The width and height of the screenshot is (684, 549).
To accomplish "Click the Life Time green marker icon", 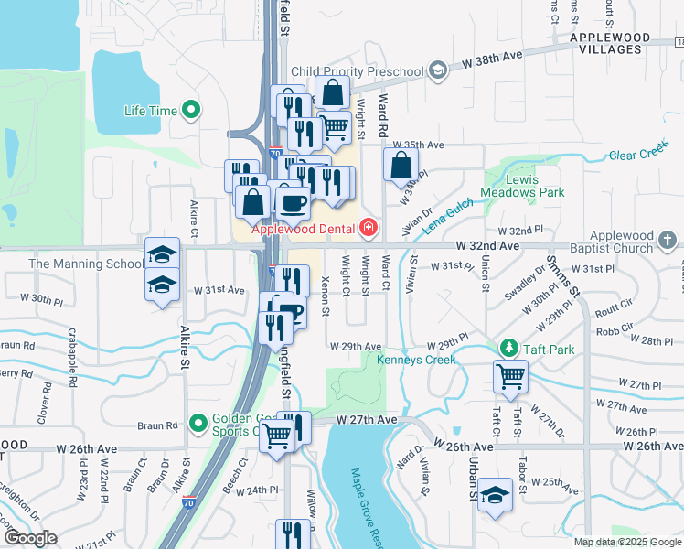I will point(191,112).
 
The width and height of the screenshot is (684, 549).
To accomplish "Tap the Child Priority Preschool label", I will point(358,71).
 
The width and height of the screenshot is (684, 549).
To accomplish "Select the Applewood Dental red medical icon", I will point(368,227).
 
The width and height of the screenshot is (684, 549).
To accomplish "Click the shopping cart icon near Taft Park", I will point(510,374).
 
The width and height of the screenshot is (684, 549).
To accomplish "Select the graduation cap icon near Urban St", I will point(495,494).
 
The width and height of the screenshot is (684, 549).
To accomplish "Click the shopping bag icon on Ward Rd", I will point(401,166).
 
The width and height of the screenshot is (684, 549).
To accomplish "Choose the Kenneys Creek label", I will point(416,360).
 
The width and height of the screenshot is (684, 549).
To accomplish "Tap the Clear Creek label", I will point(638,152).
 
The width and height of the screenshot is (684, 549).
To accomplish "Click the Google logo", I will point(29,538).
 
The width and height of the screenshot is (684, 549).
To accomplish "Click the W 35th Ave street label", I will point(418,145).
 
